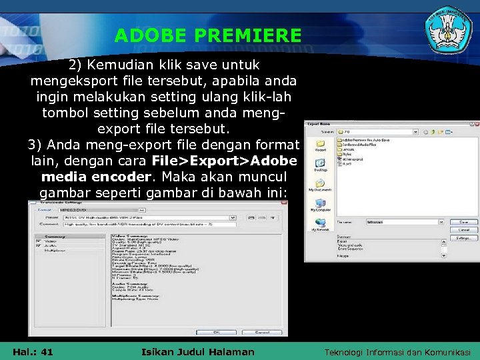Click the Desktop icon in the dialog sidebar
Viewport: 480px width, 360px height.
click(x=321, y=165)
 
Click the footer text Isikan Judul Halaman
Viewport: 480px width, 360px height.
click(x=198, y=352)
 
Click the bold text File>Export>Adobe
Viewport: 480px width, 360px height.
click(x=223, y=161)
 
